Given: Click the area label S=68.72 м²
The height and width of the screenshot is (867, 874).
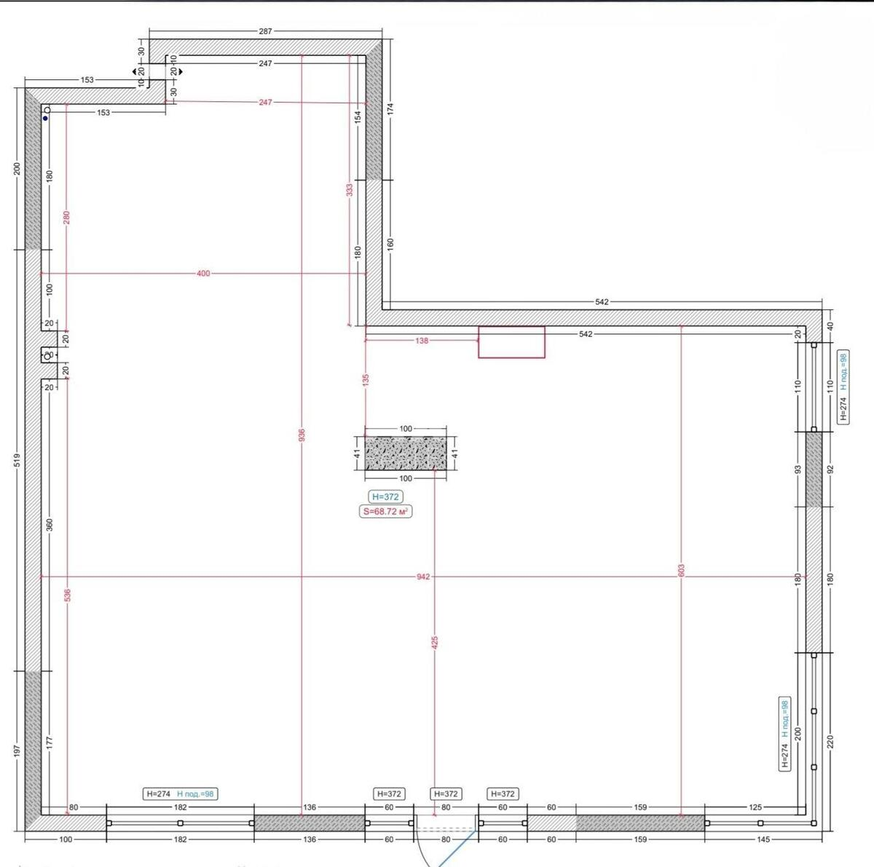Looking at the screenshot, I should [x=386, y=512].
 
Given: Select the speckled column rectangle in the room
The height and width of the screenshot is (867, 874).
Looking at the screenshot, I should [x=406, y=454].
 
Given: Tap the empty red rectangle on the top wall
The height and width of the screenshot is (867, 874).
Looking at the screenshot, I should [x=511, y=342].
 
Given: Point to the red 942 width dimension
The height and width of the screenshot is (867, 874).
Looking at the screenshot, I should [x=423, y=577].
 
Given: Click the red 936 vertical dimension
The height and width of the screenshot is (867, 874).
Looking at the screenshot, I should [x=302, y=435].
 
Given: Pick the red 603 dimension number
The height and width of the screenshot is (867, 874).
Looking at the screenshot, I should [x=681, y=570].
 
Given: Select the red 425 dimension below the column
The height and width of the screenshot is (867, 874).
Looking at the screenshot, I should [x=435, y=642].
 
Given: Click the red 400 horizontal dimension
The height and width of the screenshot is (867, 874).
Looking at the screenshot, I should [x=203, y=274].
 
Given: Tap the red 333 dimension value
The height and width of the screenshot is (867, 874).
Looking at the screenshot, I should [x=350, y=189].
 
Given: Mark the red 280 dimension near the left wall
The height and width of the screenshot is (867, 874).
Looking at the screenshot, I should [x=66, y=217].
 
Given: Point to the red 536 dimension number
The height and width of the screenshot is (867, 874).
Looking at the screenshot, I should [x=67, y=595].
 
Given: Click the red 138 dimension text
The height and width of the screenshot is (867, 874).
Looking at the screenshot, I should [x=422, y=340].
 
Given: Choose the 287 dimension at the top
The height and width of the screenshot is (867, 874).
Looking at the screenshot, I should [x=265, y=31].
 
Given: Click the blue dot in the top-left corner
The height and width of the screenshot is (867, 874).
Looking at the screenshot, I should [x=45, y=118].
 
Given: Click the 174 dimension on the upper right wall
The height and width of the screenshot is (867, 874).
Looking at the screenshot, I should [x=391, y=109].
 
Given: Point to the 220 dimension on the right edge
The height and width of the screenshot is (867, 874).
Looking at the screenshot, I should [x=830, y=741].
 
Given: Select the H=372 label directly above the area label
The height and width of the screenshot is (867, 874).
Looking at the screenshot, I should [x=386, y=497].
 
